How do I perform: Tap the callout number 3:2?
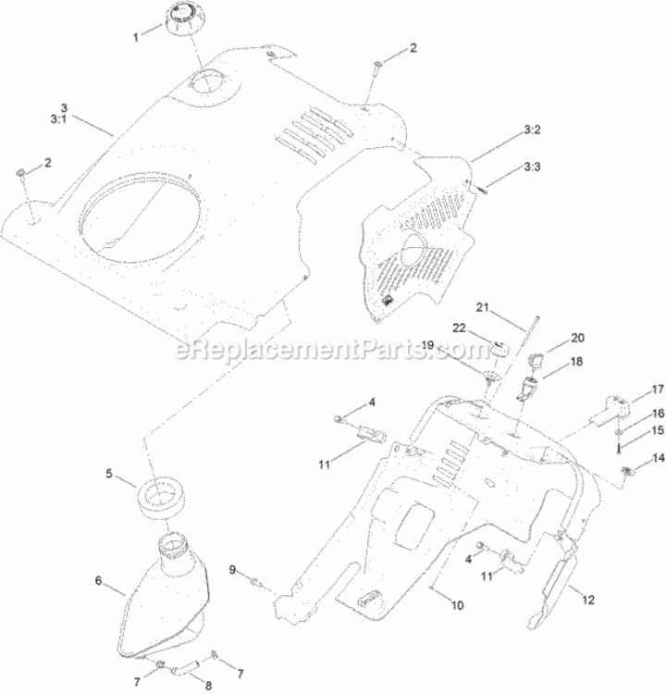[x=533, y=130]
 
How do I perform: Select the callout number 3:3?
[x=533, y=167]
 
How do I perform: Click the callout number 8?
[x=208, y=685]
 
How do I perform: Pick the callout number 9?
[x=233, y=570]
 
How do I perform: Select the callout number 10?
[x=457, y=605]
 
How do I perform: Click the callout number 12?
[x=588, y=600]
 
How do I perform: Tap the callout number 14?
[x=659, y=458]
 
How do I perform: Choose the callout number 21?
[x=482, y=306]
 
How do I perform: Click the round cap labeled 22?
[x=500, y=349]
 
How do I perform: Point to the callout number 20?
[x=577, y=338]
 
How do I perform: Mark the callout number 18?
[x=576, y=362]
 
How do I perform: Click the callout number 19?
[x=427, y=345]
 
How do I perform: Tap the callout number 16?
[x=659, y=413]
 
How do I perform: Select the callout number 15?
[x=659, y=429]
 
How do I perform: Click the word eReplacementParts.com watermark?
[x=333, y=350]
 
